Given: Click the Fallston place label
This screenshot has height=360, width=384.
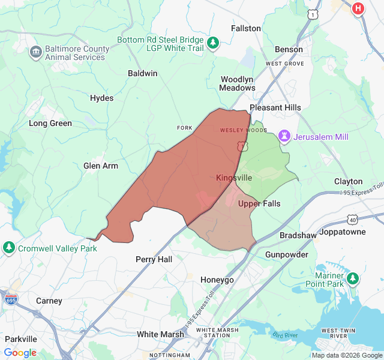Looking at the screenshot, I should tap(246, 28).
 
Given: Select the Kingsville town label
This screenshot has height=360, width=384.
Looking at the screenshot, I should tap(234, 178).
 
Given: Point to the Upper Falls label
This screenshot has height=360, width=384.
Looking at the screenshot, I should tap(259, 204).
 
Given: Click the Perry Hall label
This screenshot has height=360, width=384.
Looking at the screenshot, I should tap(154, 260).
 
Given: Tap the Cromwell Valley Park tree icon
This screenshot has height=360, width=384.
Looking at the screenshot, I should tap(9, 247).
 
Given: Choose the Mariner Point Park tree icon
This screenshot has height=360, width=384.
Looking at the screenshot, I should tap(353, 278).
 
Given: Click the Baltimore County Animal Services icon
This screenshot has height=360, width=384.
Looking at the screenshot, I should tap(35, 52).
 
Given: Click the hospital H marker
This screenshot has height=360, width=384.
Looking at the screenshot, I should tap(358, 8).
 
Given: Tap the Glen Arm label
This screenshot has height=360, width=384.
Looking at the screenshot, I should tap(101, 166).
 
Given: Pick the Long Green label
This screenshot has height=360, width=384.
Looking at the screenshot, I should tap(50, 124).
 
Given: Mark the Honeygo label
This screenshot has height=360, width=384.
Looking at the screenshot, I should tap(217, 280).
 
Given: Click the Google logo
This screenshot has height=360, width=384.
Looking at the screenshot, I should tap(20, 353).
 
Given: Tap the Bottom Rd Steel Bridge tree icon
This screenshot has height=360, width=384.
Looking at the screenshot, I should tap(212, 43).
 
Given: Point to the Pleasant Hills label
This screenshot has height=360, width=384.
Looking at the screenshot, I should tap(275, 107).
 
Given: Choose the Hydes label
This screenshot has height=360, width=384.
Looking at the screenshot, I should tap(101, 98).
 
